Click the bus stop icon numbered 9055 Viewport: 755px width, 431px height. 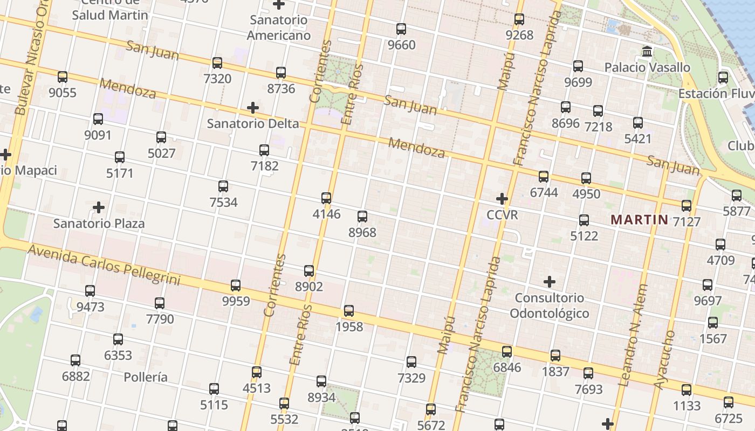click(x=63, y=77)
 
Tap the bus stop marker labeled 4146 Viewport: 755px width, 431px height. click(x=326, y=198)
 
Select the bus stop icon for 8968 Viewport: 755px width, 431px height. click(x=362, y=217)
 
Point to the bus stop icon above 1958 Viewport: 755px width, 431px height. click(x=349, y=311)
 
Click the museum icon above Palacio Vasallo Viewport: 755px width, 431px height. click(x=647, y=52)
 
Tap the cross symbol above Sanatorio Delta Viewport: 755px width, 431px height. click(x=253, y=108)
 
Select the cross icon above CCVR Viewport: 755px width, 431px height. click(x=502, y=199)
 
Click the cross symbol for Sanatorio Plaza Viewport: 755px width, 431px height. click(x=99, y=207)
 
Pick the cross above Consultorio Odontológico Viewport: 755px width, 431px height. click(x=550, y=282)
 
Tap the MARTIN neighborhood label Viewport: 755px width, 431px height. click(x=640, y=220)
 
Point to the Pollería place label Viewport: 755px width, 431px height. click(x=146, y=377)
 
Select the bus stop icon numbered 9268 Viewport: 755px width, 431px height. click(x=519, y=19)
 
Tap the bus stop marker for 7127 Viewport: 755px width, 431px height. click(x=687, y=206)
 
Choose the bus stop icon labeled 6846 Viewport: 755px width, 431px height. click(x=507, y=352)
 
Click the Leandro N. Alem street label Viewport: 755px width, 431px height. click(x=632, y=335)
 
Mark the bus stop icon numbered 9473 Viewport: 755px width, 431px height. click(x=90, y=291)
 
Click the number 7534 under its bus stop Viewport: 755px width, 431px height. click(x=223, y=203)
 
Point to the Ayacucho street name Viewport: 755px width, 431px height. click(x=665, y=360)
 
